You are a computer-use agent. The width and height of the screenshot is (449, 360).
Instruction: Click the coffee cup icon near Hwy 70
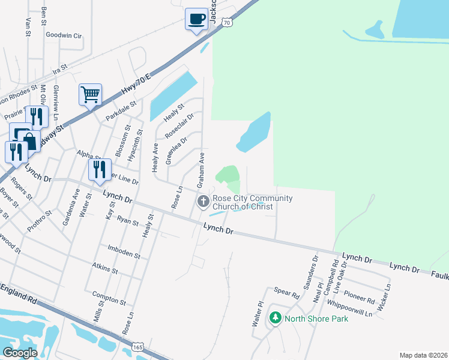[196, 19]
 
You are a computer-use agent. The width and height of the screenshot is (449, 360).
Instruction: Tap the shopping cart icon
[90, 94]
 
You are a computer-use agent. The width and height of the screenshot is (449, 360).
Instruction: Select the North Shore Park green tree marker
[276, 319]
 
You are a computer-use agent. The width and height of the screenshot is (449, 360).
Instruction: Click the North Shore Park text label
[316, 319]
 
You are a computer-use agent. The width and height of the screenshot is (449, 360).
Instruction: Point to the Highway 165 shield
[137, 347]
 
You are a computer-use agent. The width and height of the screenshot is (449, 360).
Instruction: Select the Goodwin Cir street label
[63, 35]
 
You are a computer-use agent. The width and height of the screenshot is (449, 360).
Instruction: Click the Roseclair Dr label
[180, 124]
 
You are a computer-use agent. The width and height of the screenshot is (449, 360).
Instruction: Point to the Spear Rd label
[287, 295]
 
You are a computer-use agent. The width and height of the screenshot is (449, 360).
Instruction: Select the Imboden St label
[124, 251]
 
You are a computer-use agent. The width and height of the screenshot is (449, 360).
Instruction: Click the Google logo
[20, 352]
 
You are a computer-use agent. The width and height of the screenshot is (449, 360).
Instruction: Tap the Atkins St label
[105, 268]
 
